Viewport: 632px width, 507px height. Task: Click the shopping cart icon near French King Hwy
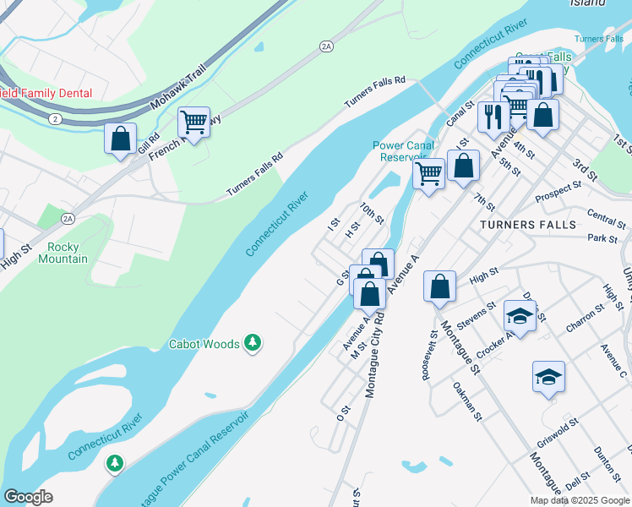click(x=194, y=123)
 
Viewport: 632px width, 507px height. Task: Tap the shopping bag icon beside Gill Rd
click(x=121, y=138)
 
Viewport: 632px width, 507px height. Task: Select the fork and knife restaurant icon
click(x=492, y=117)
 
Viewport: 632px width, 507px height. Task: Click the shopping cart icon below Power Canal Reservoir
click(x=428, y=174)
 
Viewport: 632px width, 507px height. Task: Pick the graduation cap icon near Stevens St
click(x=520, y=316)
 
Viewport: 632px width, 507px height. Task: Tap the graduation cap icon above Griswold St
click(x=548, y=377)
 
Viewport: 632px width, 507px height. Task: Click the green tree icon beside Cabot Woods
click(x=252, y=342)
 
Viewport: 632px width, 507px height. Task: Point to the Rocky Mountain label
click(x=63, y=253)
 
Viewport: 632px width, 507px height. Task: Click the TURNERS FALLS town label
click(x=527, y=225)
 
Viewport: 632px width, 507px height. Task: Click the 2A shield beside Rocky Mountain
click(x=68, y=219)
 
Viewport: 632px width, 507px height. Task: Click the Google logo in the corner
click(x=27, y=497)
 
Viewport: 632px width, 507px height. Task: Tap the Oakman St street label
click(x=466, y=401)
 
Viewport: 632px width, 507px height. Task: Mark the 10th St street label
click(x=372, y=212)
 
